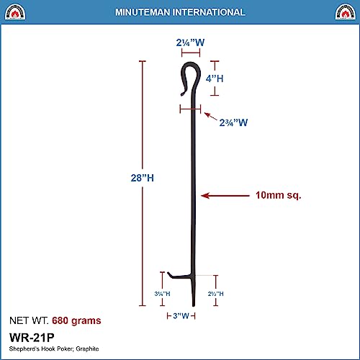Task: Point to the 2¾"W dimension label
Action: pyautogui.click(x=233, y=122)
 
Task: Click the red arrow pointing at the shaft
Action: pyautogui.click(x=220, y=195)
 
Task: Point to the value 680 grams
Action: pyautogui.click(x=76, y=320)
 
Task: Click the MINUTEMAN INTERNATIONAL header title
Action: pyautogui.click(x=180, y=12)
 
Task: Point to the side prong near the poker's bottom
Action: pyautogui.click(x=176, y=275)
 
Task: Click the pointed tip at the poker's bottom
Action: pyautogui.click(x=193, y=303)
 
